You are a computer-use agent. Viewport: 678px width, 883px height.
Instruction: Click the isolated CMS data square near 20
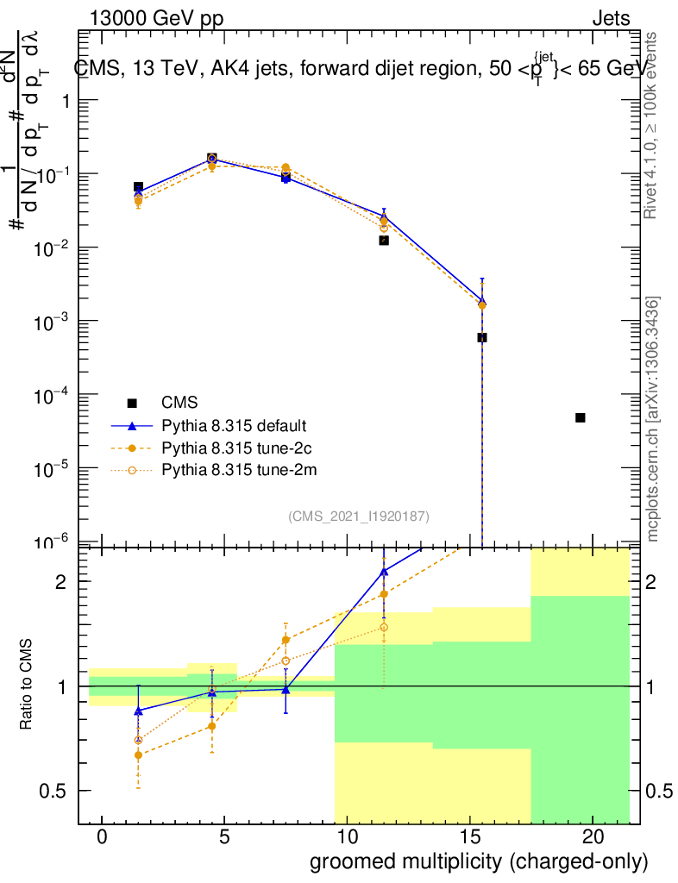pyautogui.click(x=581, y=417)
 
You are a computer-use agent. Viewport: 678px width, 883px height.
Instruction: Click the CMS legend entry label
pyautogui.click(x=179, y=402)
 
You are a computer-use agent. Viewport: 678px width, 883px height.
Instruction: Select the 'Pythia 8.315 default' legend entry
pyautogui.click(x=234, y=425)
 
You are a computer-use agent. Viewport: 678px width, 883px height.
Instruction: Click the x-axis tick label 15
pyautogui.click(x=469, y=837)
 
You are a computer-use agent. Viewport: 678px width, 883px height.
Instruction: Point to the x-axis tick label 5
pyautogui.click(x=224, y=837)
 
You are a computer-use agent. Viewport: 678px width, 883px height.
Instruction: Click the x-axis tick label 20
pyautogui.click(x=592, y=837)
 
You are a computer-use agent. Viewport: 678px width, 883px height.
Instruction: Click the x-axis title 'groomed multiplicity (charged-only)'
pyautogui.click(x=478, y=861)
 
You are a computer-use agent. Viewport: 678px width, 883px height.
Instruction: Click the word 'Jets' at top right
pyautogui.click(x=611, y=19)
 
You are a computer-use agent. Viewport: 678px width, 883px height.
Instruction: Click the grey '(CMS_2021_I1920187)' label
pyautogui.click(x=359, y=516)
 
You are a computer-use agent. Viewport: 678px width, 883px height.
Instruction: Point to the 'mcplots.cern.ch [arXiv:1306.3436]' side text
pyautogui.click(x=653, y=418)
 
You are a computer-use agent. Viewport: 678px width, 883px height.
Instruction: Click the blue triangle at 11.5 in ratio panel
pyautogui.click(x=384, y=571)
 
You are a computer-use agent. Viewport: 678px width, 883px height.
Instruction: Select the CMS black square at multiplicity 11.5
pyautogui.click(x=384, y=241)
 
